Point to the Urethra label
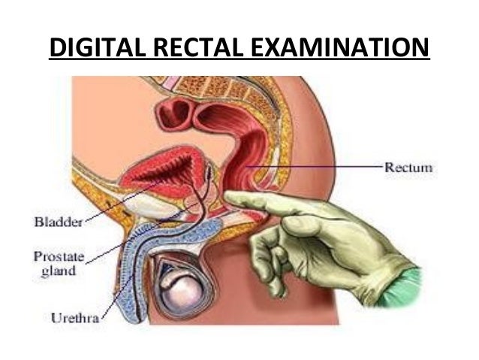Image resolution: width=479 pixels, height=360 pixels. (x=70, y=316)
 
